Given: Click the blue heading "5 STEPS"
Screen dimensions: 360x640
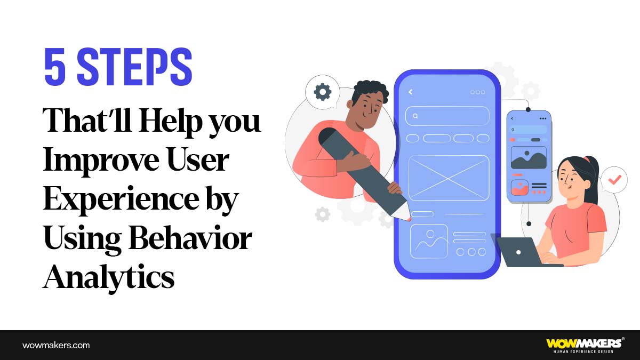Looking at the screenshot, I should (x=118, y=67).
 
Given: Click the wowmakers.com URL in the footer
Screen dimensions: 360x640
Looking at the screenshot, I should (x=56, y=345).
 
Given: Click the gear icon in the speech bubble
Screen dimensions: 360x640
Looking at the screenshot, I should (x=322, y=92).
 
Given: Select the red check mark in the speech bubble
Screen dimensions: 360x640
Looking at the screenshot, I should (x=614, y=180).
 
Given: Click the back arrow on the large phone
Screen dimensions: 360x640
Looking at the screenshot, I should (x=411, y=92).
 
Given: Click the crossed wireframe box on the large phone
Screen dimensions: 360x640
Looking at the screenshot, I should (x=449, y=178).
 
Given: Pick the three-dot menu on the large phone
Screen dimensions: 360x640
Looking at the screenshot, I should (x=477, y=92).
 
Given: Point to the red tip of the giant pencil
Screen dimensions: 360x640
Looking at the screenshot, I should (x=409, y=219).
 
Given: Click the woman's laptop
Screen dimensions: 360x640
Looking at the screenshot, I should (x=520, y=252).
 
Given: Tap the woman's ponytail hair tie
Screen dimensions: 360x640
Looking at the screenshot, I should (x=587, y=159).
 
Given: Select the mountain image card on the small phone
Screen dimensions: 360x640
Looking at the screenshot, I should (x=529, y=158).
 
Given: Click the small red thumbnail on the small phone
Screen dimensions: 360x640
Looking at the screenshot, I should (x=519, y=187).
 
